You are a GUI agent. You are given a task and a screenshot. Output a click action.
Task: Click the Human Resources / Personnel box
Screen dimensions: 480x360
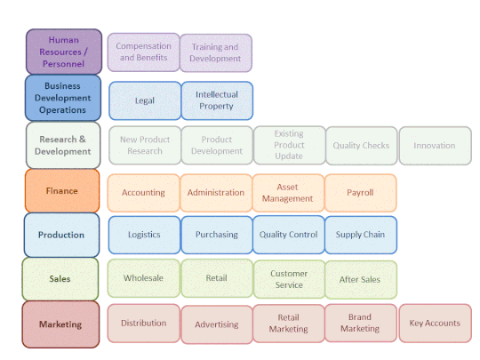coord(64,52)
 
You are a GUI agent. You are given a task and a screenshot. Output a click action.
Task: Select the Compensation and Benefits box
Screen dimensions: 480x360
coord(144,52)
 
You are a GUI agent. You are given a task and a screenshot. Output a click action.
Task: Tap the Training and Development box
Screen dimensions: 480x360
coord(216,53)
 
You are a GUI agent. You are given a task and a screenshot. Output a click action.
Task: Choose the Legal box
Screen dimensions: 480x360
coord(145,100)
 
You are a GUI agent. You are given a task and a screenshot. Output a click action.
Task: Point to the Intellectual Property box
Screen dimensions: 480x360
coord(217,100)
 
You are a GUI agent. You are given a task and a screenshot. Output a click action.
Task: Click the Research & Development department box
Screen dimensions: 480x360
coord(63,145)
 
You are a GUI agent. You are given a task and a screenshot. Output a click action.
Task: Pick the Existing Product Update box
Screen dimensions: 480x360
coord(289,145)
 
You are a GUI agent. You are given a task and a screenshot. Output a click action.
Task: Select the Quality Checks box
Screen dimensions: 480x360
coord(362,146)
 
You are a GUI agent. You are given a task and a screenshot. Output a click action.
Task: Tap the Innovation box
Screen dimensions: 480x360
coord(436,146)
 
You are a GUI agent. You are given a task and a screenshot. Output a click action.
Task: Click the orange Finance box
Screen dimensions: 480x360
coord(62,191)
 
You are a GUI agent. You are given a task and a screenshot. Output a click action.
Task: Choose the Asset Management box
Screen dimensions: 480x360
coord(288,193)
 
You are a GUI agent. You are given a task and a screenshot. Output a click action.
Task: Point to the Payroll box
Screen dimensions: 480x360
coord(361,193)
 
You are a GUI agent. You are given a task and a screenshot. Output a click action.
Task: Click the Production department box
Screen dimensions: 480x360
coord(61,235)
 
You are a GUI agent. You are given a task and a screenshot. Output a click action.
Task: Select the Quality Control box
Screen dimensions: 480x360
coord(289,235)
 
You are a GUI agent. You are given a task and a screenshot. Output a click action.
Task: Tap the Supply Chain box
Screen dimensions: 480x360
coord(361,235)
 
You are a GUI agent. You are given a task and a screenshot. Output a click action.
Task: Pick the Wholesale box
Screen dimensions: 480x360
coord(144,278)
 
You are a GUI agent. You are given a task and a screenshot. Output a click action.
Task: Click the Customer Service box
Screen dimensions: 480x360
coord(289,279)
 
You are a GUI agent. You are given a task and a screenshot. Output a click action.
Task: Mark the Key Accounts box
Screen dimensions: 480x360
coord(436,323)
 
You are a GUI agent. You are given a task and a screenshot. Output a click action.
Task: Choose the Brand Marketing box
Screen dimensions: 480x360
coord(361,323)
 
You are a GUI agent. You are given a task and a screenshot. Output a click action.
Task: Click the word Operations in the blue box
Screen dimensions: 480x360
coord(62,110)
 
